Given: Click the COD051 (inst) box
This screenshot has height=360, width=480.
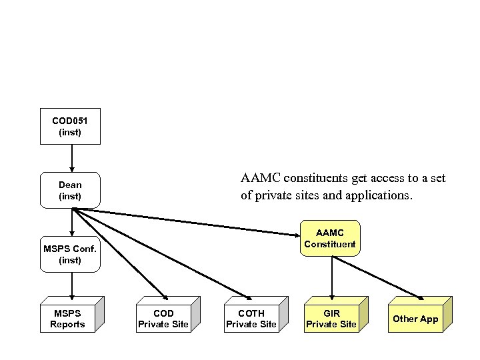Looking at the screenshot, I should point(70,126).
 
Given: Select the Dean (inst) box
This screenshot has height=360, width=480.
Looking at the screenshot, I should point(70,190).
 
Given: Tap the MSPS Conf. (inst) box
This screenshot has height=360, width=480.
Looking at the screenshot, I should point(70,254).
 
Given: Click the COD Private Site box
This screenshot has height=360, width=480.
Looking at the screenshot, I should point(163,319).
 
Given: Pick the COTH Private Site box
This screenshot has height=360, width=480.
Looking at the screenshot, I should point(251,319).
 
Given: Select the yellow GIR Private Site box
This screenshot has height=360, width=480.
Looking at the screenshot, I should point(331,319).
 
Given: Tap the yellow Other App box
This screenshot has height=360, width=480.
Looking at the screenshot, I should point(415,319).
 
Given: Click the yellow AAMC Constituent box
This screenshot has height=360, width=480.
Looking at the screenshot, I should point(330,238).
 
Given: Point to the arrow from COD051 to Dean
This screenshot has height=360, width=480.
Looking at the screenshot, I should point(71,159).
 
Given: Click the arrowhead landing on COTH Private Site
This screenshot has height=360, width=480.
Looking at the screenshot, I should point(248,298).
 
